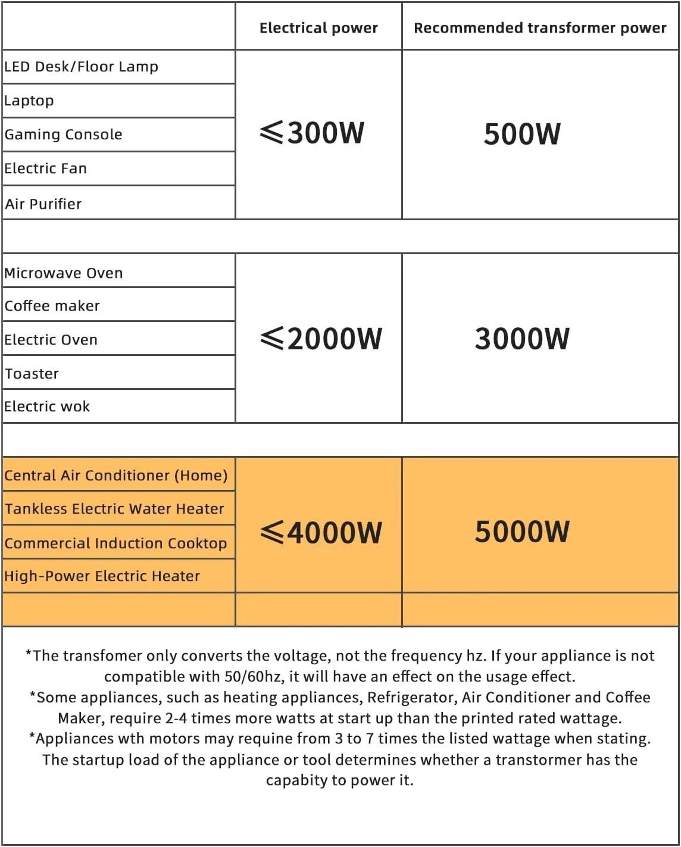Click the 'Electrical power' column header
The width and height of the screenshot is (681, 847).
tap(318, 28)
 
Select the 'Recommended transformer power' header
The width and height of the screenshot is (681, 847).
tap(540, 28)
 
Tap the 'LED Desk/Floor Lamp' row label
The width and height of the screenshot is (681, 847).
tap(82, 67)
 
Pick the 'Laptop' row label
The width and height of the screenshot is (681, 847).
tap(29, 101)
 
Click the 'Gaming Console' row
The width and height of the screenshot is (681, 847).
tap(64, 135)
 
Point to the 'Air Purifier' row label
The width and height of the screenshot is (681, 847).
tap(43, 204)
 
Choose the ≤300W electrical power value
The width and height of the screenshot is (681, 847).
tap(313, 133)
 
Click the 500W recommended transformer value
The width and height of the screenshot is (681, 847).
tap(522, 134)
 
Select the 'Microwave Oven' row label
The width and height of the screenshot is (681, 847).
tap(64, 273)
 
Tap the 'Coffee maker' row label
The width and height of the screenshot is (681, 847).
tap(52, 306)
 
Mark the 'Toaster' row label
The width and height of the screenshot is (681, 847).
tap(32, 374)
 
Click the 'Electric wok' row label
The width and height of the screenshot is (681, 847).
tap(47, 407)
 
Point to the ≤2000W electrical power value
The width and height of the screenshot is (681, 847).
tap(321, 339)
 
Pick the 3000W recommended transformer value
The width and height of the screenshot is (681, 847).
tap(522, 339)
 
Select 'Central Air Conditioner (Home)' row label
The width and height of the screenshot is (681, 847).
tap(116, 476)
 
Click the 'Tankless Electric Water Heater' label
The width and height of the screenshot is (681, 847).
tap(114, 509)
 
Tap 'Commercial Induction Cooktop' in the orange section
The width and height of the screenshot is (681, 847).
tap(116, 543)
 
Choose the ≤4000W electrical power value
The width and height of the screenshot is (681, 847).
tap(321, 532)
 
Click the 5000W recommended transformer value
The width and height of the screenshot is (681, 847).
tap(522, 532)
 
